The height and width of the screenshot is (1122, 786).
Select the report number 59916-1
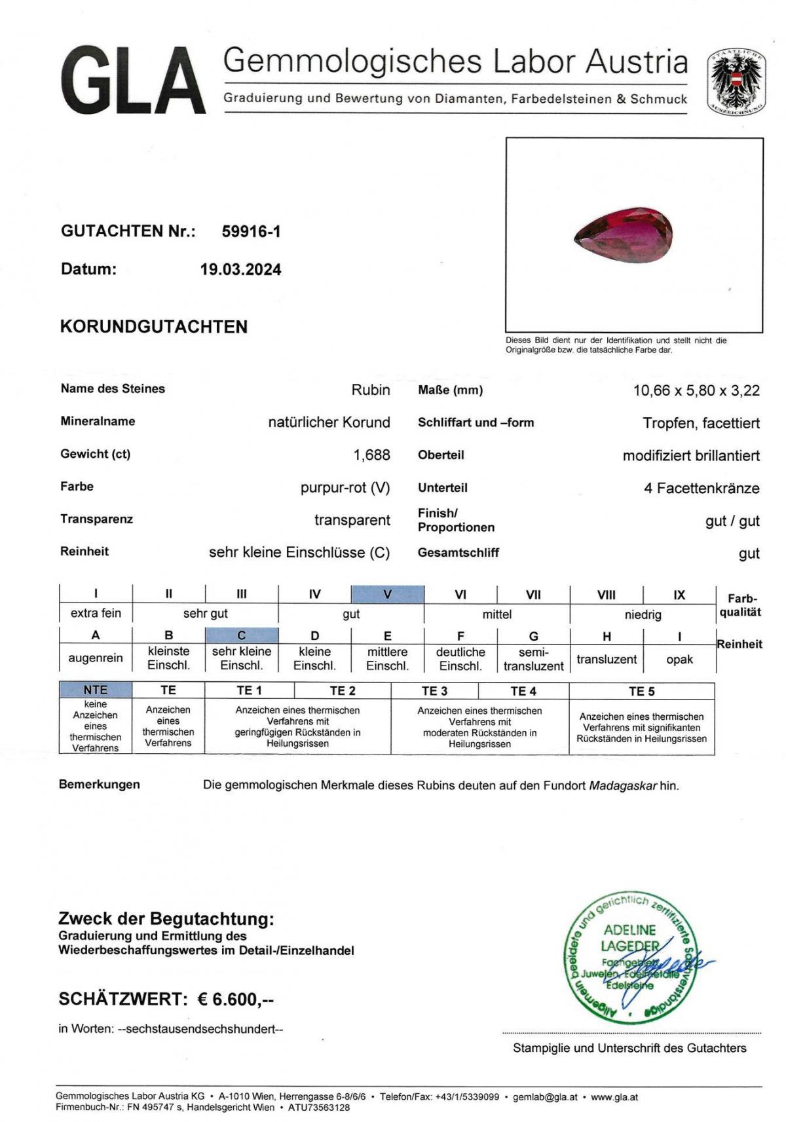251,231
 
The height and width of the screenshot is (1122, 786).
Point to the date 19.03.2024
240,269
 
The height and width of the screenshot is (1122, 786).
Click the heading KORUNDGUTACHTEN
154,327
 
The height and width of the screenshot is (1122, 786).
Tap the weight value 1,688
371,455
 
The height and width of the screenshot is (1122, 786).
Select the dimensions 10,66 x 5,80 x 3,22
696,390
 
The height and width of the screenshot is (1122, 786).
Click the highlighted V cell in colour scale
387,594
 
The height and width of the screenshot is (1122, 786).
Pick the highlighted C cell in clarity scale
241,635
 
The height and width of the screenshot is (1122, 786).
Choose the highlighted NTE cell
96,690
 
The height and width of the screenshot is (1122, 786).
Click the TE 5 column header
641,691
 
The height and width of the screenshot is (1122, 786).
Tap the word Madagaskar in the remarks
622,785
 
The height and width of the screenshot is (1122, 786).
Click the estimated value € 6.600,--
236,999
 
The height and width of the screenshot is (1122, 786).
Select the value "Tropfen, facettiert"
701,423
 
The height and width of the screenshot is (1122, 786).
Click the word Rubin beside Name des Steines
370,390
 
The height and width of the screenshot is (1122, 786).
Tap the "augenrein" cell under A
96,658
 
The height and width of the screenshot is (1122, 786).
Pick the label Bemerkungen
100,784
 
